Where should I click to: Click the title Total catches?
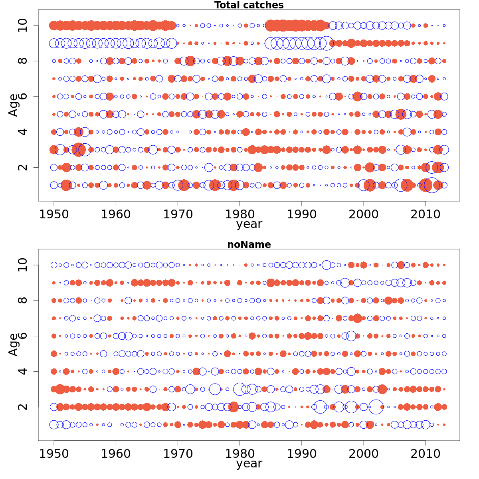click(x=249, y=5)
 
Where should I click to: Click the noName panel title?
click(x=249, y=245)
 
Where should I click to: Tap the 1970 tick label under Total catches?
click(x=178, y=214)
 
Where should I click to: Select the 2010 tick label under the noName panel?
click(x=426, y=454)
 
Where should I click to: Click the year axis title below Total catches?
click(x=249, y=224)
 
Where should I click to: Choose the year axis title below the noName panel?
click(x=249, y=464)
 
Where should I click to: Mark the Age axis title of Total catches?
click(x=14, y=105)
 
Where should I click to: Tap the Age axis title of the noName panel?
click(x=14, y=344)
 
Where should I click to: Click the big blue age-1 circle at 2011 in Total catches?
click(x=431, y=185)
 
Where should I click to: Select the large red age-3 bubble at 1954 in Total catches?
click(x=78, y=150)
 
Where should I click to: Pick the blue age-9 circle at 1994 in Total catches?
click(x=327, y=43)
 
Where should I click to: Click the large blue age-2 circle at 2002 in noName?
click(x=376, y=407)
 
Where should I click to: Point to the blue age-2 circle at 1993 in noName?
click(x=320, y=407)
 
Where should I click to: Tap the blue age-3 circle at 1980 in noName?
click(x=239, y=389)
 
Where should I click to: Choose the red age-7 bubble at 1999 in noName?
click(x=357, y=318)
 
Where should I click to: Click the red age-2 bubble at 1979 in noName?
click(x=234, y=407)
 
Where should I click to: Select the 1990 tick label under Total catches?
click(x=301, y=214)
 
